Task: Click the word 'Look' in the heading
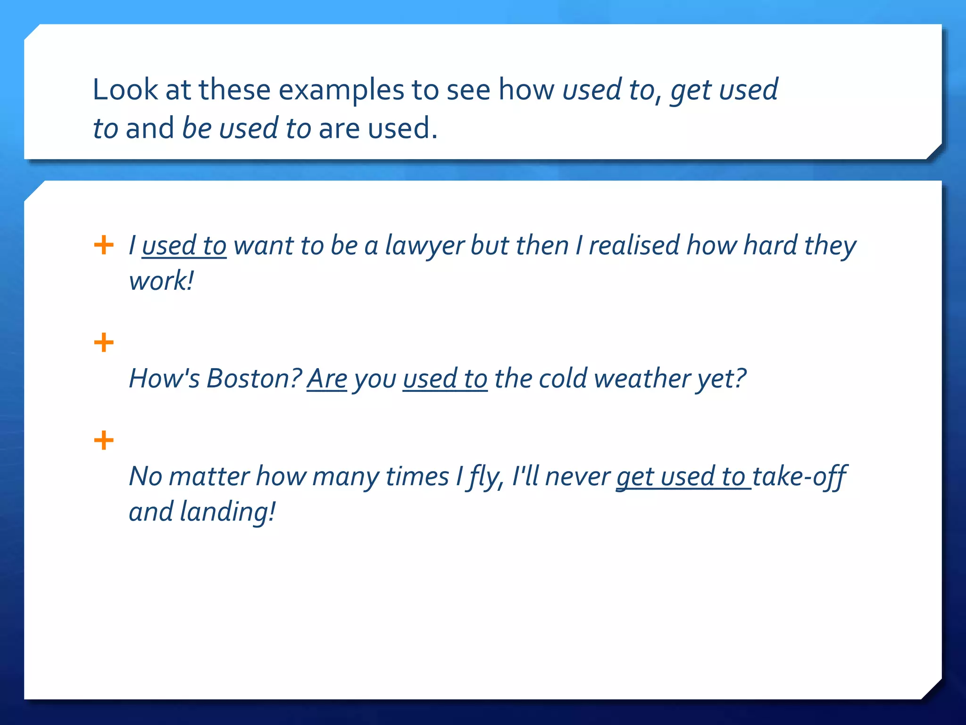(125, 90)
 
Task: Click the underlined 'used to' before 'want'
(184, 245)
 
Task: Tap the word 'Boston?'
(254, 379)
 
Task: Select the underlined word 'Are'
(327, 379)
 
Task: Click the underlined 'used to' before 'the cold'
(445, 379)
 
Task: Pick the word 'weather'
(642, 379)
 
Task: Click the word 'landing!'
(227, 512)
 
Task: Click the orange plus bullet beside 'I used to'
(104, 245)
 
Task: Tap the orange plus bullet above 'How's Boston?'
(104, 343)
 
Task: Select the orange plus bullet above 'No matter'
(104, 440)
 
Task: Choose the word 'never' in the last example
(577, 476)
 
